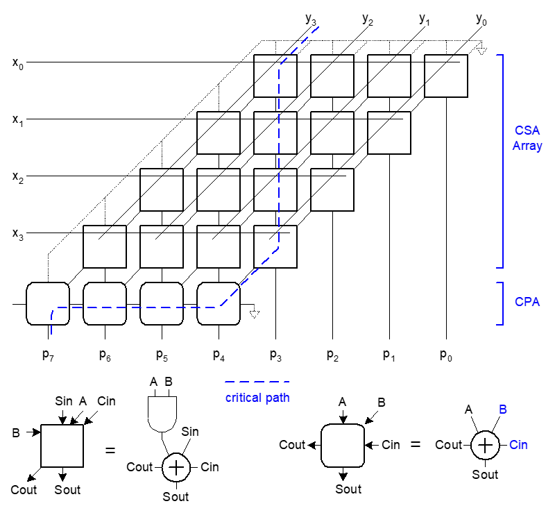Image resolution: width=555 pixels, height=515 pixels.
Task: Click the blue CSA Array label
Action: tap(527, 138)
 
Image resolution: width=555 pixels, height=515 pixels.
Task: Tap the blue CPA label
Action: tap(527, 303)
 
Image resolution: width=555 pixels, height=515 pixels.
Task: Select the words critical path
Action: tap(257, 398)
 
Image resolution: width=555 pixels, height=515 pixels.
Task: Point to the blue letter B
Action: tap(503, 410)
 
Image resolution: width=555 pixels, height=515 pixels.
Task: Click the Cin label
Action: tap(518, 445)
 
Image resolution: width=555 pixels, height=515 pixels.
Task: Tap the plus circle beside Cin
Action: tap(485, 445)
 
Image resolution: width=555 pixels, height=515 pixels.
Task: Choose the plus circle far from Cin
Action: tap(176, 468)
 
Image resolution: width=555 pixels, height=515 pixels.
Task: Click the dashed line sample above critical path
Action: tap(257, 382)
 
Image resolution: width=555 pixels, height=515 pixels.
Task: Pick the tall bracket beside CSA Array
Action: tap(502, 161)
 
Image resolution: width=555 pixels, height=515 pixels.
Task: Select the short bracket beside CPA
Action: tap(502, 303)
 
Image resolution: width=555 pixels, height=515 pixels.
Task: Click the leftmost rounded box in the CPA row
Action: tap(48, 303)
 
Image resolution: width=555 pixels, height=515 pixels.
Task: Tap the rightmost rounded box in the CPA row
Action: tap(219, 303)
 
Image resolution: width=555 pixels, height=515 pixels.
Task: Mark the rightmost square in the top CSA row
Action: tap(445, 76)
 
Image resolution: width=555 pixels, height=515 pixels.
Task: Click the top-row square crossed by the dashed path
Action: tap(275, 76)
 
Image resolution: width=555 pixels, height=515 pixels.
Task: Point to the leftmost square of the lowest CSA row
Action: tap(105, 246)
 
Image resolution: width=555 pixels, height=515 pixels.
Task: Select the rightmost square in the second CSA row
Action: tap(388, 133)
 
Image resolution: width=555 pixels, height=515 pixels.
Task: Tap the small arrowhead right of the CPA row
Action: tap(255, 314)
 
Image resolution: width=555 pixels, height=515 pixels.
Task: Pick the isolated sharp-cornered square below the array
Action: tap(62, 446)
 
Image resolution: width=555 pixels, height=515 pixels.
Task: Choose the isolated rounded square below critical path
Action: tap(343, 446)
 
